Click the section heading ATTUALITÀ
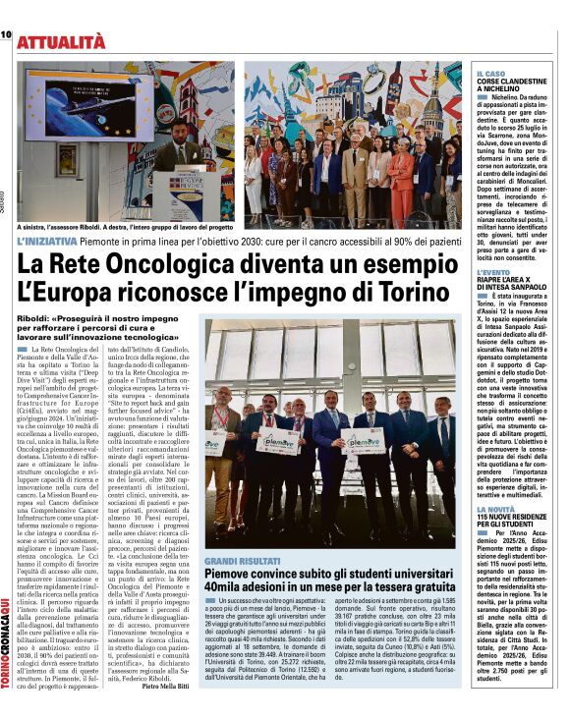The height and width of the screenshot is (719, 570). click(60, 40)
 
